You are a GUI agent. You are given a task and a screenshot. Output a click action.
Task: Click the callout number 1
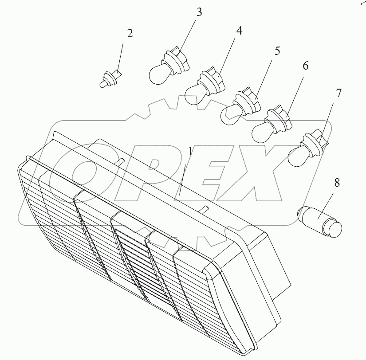(x=191, y=152)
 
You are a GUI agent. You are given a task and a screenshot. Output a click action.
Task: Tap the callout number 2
(x=130, y=33)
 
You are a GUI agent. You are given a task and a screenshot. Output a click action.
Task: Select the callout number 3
(x=199, y=12)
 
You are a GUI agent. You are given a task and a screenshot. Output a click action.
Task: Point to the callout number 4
(x=239, y=31)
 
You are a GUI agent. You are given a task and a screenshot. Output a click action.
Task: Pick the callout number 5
(x=277, y=51)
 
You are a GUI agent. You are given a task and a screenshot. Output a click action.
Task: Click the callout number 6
(x=306, y=66)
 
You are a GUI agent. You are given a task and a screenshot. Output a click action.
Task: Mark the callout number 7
(x=338, y=93)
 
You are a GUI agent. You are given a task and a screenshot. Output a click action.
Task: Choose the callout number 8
(x=337, y=183)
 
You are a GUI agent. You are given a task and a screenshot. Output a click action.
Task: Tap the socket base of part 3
(x=178, y=61)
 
